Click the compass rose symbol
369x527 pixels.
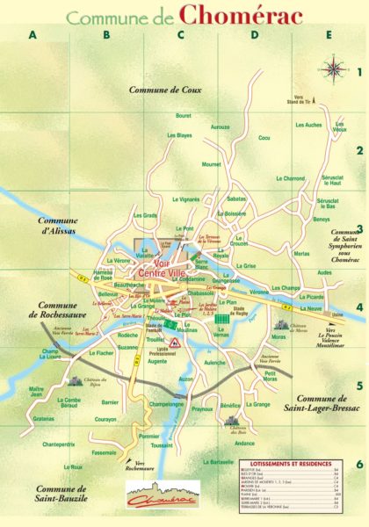[335, 67]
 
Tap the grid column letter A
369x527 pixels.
[34, 36]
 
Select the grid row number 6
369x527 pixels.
[358, 463]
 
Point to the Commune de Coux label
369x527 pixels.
[165, 90]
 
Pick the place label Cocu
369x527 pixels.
[264, 138]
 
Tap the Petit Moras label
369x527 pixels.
[271, 377]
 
